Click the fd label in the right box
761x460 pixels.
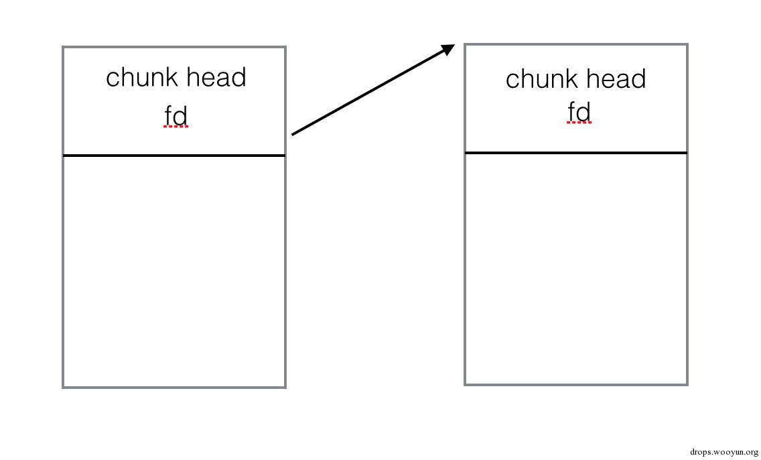[579, 112]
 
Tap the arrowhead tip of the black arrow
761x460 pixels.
[455, 45]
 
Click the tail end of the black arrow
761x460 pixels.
[291, 135]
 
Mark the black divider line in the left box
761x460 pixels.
[174, 156]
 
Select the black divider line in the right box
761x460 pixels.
[576, 153]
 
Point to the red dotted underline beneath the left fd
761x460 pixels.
[176, 127]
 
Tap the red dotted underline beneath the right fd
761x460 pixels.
[579, 123]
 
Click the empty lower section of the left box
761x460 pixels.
[174, 272]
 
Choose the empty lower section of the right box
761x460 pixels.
[576, 269]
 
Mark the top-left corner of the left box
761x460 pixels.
[63, 47]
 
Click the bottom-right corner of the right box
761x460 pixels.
[687, 385]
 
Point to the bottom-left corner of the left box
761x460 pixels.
[63, 387]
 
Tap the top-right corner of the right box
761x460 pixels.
[687, 45]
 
